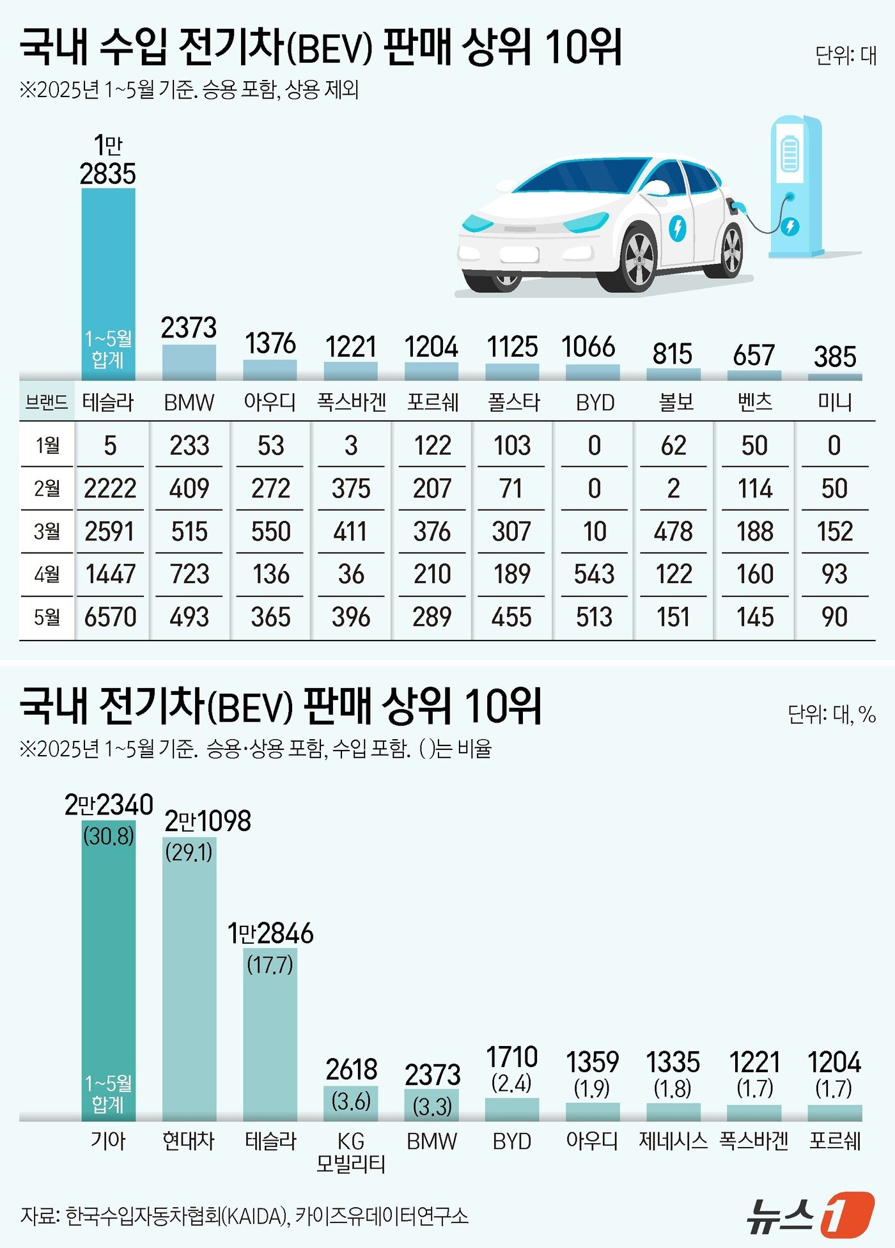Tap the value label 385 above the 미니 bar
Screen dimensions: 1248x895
[834, 357]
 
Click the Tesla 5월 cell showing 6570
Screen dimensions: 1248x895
[110, 617]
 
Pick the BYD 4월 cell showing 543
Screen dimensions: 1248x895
[594, 574]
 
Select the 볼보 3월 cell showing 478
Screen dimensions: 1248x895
[673, 531]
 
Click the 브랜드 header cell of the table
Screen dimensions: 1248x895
[47, 402]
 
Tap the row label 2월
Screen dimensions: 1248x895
[47, 488]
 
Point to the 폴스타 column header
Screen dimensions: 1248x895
[513, 402]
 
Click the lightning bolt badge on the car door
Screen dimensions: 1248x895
[677, 228]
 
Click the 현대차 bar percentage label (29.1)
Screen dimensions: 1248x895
[189, 852]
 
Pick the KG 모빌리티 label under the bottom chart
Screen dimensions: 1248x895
[351, 1152]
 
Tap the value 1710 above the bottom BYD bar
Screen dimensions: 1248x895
[511, 1057]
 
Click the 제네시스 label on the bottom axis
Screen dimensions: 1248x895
[673, 1141]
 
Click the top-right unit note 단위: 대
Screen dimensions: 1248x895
[845, 56]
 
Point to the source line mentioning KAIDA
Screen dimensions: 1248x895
[244, 1215]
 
